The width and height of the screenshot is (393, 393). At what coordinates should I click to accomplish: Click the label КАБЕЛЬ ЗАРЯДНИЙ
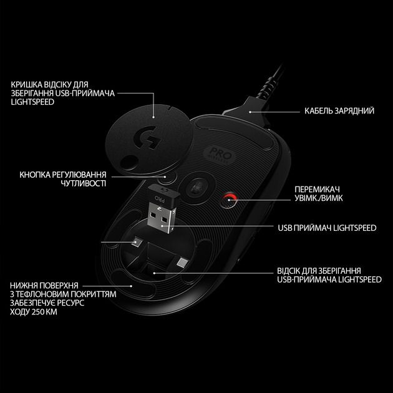[x=339, y=111]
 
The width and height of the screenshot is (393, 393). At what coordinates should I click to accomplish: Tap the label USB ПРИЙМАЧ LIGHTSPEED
[x=327, y=228]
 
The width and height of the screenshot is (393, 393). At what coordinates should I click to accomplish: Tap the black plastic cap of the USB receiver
[x=161, y=194]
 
